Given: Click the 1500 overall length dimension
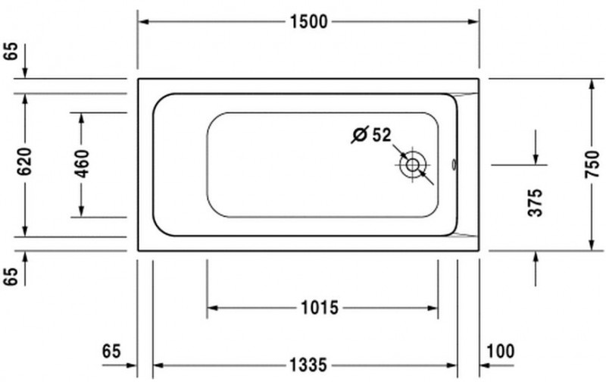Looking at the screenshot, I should pyautogui.click(x=308, y=22).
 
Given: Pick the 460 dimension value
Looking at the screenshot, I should pyautogui.click(x=82, y=164).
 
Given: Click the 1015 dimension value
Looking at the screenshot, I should pyautogui.click(x=319, y=308).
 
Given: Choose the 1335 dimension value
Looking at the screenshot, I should pyautogui.click(x=308, y=365).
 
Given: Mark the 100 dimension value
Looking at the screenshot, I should pyautogui.click(x=501, y=351).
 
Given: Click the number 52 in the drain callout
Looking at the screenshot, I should pyautogui.click(x=381, y=136).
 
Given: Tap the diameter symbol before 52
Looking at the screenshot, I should pyautogui.click(x=360, y=136).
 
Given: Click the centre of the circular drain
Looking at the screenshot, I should pyautogui.click(x=413, y=164).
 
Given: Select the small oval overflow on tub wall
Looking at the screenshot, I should pyautogui.click(x=453, y=164).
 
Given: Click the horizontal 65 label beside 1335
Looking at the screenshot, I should pyautogui.click(x=111, y=351).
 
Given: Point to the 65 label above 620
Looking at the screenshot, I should pyautogui.click(x=10, y=52).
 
